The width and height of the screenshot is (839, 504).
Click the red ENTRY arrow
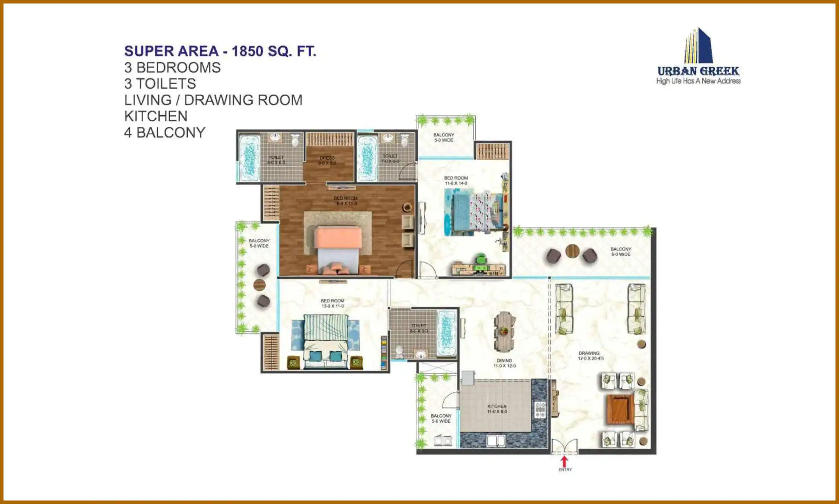click(564, 461)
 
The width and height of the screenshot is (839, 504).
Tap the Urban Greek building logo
click(698, 45)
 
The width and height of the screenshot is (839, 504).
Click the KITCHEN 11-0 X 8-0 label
click(497, 409)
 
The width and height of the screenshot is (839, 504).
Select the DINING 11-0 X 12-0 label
click(504, 363)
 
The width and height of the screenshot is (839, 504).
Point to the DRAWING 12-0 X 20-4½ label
click(590, 356)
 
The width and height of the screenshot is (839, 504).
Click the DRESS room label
click(327, 160)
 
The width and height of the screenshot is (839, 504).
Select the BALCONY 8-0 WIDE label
click(621, 251)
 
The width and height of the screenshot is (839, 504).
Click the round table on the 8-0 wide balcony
click(572, 251)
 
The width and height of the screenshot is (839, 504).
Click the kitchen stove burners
click(540, 410)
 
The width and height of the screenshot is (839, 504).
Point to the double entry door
click(564, 447)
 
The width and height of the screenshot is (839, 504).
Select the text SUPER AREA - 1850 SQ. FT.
click(220, 51)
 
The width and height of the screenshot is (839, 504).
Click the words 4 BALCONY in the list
click(165, 133)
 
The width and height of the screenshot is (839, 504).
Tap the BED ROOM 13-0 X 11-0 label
click(332, 303)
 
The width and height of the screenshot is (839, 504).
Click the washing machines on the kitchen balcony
click(443, 440)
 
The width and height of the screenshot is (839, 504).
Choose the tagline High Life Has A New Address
click(698, 81)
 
